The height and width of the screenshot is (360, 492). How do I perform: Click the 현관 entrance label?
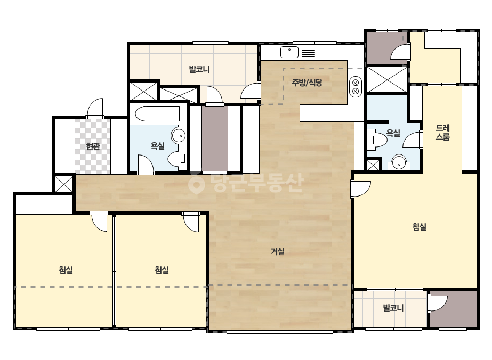pos(93,146)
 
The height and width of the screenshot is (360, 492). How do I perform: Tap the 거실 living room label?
pos(278,251)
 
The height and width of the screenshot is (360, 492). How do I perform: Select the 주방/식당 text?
pos(307,83)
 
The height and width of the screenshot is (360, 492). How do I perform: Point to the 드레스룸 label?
pos(443,132)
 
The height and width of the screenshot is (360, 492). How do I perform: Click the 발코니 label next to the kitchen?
pos(199,69)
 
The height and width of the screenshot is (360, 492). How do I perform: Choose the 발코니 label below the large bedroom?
pos(393,308)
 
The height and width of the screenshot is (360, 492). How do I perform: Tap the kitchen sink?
pos(289,52)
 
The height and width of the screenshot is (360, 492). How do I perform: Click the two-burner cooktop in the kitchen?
pos(356,87)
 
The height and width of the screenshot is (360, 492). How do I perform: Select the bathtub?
pos(157,114)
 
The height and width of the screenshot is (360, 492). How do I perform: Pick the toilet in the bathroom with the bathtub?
pos(178,159)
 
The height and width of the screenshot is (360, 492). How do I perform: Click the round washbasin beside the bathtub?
pos(179,136)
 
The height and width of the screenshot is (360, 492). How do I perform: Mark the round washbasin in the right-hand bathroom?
pos(399,162)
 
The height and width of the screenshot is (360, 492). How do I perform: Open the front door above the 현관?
pos(95,109)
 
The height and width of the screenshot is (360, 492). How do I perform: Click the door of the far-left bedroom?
pos(99,222)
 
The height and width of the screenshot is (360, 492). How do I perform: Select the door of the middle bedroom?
pos(191,222)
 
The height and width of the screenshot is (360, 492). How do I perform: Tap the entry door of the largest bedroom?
pos(360,189)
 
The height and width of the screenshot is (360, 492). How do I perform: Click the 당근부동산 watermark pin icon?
pos(196,183)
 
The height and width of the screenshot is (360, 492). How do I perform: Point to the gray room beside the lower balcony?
pos(453,309)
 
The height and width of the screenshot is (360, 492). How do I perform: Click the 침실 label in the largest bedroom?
pos(419,227)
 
